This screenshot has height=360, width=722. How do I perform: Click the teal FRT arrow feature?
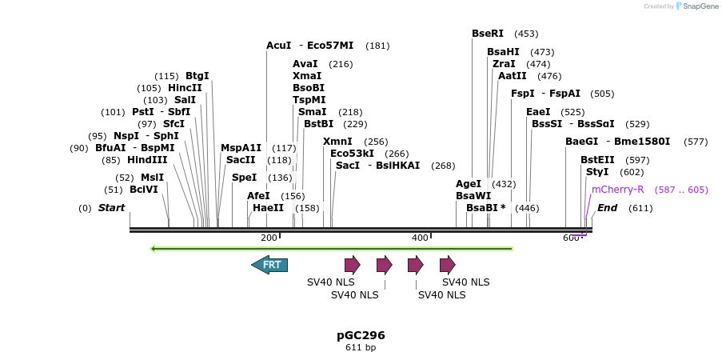[x=269, y=265]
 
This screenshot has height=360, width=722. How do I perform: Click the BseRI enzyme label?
[x=488, y=34]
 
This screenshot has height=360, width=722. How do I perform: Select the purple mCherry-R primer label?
[x=617, y=190]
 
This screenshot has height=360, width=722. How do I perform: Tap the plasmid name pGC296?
[x=361, y=335]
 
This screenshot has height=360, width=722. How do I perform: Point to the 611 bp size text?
[x=361, y=348]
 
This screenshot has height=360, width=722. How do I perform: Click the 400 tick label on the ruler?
[x=420, y=238]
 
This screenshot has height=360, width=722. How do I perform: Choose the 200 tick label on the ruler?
[x=269, y=238]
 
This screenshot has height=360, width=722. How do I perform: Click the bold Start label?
[x=112, y=208]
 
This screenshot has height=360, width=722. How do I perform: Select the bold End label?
[x=608, y=208]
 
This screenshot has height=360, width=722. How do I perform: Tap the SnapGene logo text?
[x=700, y=6]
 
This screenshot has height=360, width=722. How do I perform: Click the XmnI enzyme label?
[x=337, y=142]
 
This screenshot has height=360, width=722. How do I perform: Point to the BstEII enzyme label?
[x=597, y=160]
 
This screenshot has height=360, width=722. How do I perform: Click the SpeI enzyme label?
[x=244, y=178]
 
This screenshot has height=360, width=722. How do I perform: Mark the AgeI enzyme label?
[x=469, y=184]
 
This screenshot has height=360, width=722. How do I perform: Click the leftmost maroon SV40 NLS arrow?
[x=352, y=265]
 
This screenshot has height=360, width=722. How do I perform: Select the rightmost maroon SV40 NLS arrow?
[x=447, y=265]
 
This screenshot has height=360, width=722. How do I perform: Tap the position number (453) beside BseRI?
[x=526, y=34]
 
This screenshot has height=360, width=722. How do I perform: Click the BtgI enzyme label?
[x=197, y=76]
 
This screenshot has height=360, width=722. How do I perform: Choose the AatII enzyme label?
[x=513, y=76]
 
